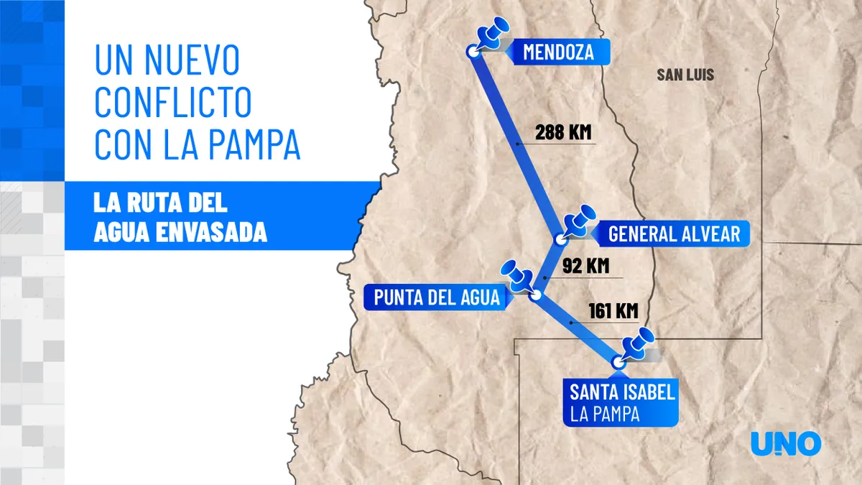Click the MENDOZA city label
pos(557,52)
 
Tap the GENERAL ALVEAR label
pos(673,234)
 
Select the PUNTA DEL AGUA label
pos(436,297)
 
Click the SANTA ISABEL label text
pos(622,392)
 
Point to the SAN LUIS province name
pos(685,74)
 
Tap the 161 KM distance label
pos(613,311)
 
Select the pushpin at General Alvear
pos(580,221)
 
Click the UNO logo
pos(785,443)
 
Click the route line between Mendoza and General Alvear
pos(516,144)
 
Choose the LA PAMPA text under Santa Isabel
pos(605,415)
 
